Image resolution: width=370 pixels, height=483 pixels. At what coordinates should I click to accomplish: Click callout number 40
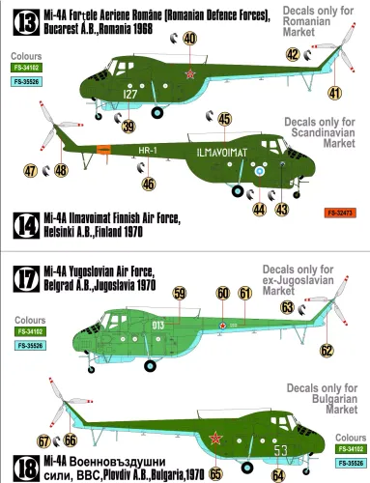[189, 39]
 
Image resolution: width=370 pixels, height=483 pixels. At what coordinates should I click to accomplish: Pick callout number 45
[223, 119]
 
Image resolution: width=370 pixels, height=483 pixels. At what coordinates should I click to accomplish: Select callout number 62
[327, 350]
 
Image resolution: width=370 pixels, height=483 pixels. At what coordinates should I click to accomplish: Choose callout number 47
[31, 170]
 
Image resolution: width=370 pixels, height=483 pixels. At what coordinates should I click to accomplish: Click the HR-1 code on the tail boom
[147, 151]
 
